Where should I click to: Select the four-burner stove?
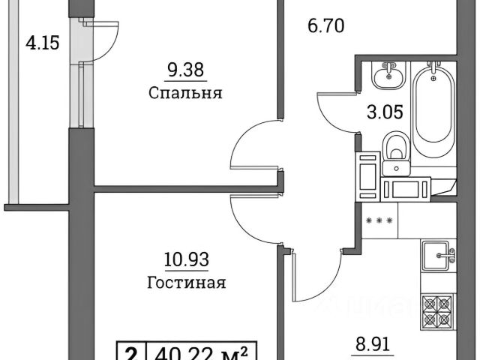pyautogui.click(x=439, y=310)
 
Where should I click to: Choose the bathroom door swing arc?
pyautogui.click(x=334, y=112)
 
